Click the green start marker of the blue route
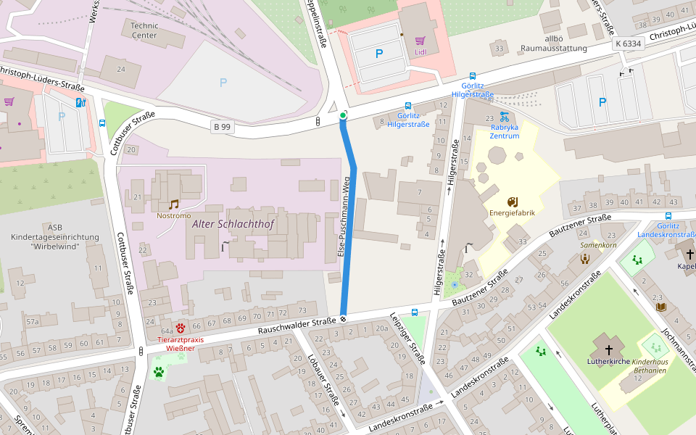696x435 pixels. click(x=343, y=115)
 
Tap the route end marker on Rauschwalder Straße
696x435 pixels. click(x=343, y=318)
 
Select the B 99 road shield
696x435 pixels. click(x=222, y=127)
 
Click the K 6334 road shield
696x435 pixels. click(x=628, y=43)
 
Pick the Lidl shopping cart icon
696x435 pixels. click(x=420, y=41)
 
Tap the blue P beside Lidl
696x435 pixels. click(x=378, y=54)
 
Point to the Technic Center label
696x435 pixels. click(x=144, y=30)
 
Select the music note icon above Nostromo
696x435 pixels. click(x=173, y=204)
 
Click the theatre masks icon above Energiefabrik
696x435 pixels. click(x=512, y=201)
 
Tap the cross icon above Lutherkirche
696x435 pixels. click(x=608, y=349)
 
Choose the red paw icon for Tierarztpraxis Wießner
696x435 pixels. click(x=180, y=328)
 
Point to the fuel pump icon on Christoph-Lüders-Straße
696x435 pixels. click(x=80, y=102)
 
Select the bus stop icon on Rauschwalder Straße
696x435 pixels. click(x=414, y=313)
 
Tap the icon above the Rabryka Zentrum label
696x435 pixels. click(x=505, y=117)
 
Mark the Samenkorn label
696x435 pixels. click(x=598, y=246)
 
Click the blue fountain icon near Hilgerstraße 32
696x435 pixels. click(x=455, y=285)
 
